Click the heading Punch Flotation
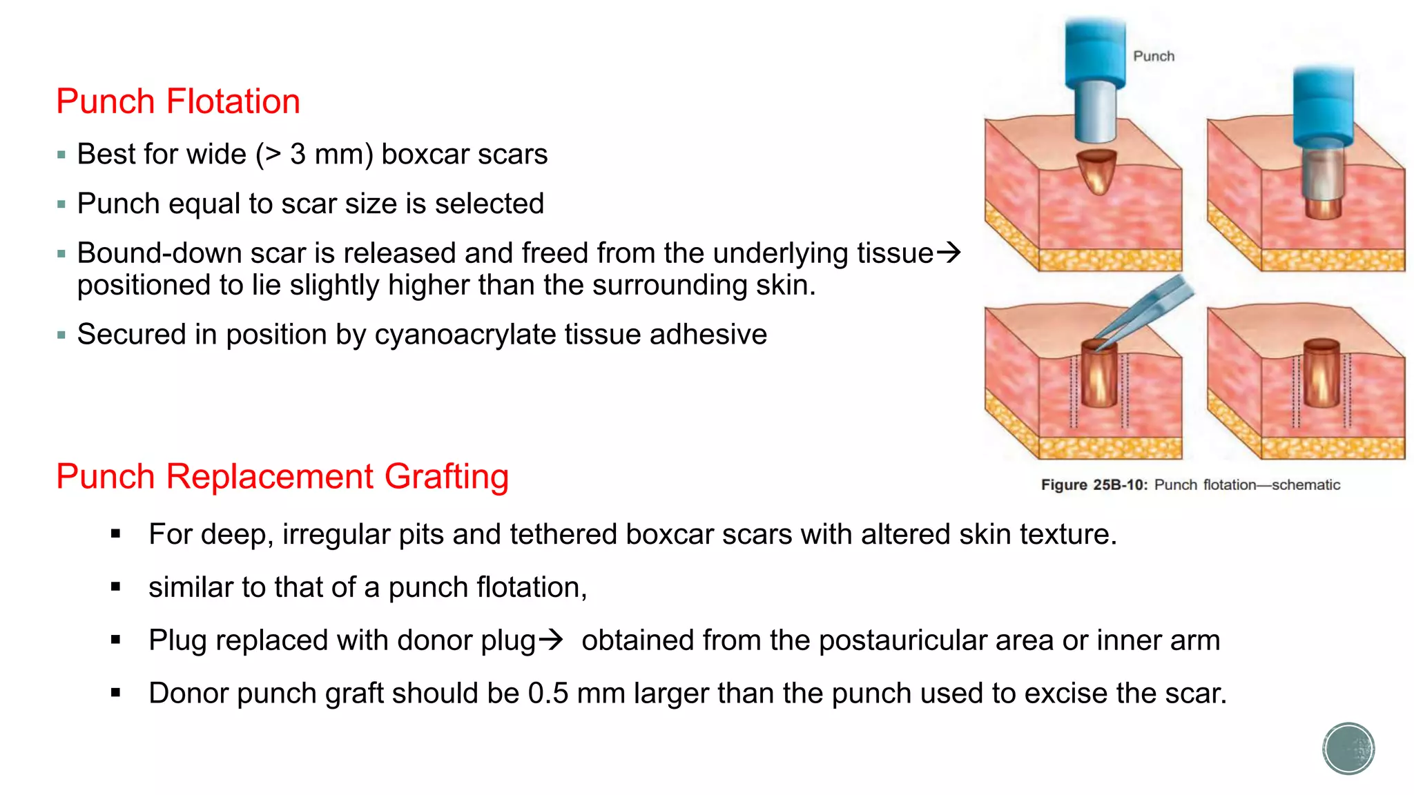point(178,101)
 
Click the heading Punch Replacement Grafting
point(282,476)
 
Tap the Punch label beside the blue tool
point(1153,57)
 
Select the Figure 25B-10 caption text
point(1190,485)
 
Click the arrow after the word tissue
point(949,253)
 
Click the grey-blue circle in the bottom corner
point(1348,749)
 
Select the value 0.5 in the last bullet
point(548,694)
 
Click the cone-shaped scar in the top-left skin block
point(1096,170)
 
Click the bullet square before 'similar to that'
point(115,587)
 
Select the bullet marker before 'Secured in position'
point(61,335)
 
